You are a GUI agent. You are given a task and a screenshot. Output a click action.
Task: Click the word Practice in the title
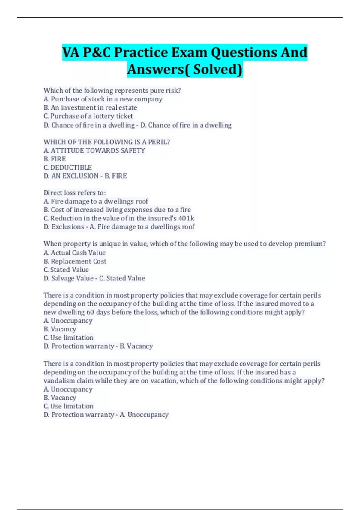pyautogui.click(x=142, y=52)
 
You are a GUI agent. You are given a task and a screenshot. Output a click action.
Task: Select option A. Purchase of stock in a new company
pyautogui.click(x=103, y=99)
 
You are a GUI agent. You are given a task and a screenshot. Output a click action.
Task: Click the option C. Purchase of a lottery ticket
pyautogui.click(x=88, y=116)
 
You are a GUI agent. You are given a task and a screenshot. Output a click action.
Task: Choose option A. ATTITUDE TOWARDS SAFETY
pyautogui.click(x=94, y=150)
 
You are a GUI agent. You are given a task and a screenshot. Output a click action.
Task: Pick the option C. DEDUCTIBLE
pyautogui.click(x=68, y=167)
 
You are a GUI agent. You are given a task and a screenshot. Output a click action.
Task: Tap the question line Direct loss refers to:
pyautogui.click(x=75, y=193)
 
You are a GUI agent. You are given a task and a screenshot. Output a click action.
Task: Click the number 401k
pyautogui.click(x=186, y=218)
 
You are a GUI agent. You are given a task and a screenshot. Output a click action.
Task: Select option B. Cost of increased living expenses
pyautogui.click(x=117, y=210)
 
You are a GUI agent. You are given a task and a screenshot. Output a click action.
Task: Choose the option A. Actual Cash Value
pyautogui.click(x=74, y=253)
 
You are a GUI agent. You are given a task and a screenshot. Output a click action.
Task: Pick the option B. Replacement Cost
pyautogui.click(x=75, y=261)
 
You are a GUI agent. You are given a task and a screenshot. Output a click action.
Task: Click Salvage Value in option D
pyautogui.click(x=72, y=278)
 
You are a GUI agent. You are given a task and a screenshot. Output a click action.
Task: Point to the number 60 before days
pyautogui.click(x=90, y=312)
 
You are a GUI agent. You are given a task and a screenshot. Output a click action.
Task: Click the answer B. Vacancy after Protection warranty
pyautogui.click(x=136, y=346)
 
